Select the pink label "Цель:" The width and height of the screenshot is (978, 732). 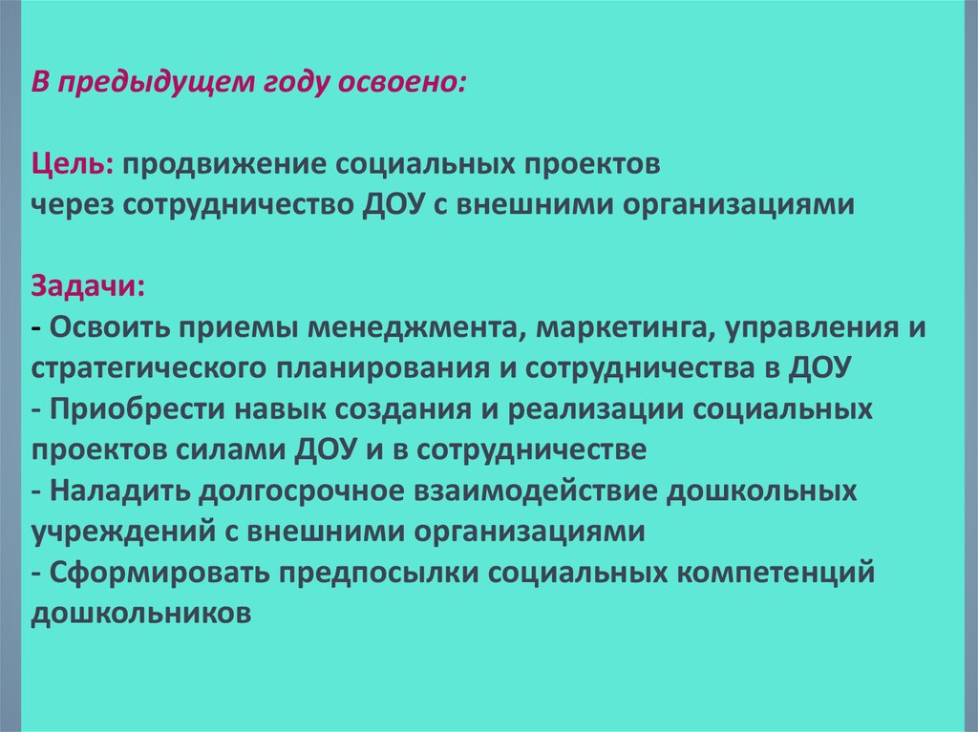coord(73,165)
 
